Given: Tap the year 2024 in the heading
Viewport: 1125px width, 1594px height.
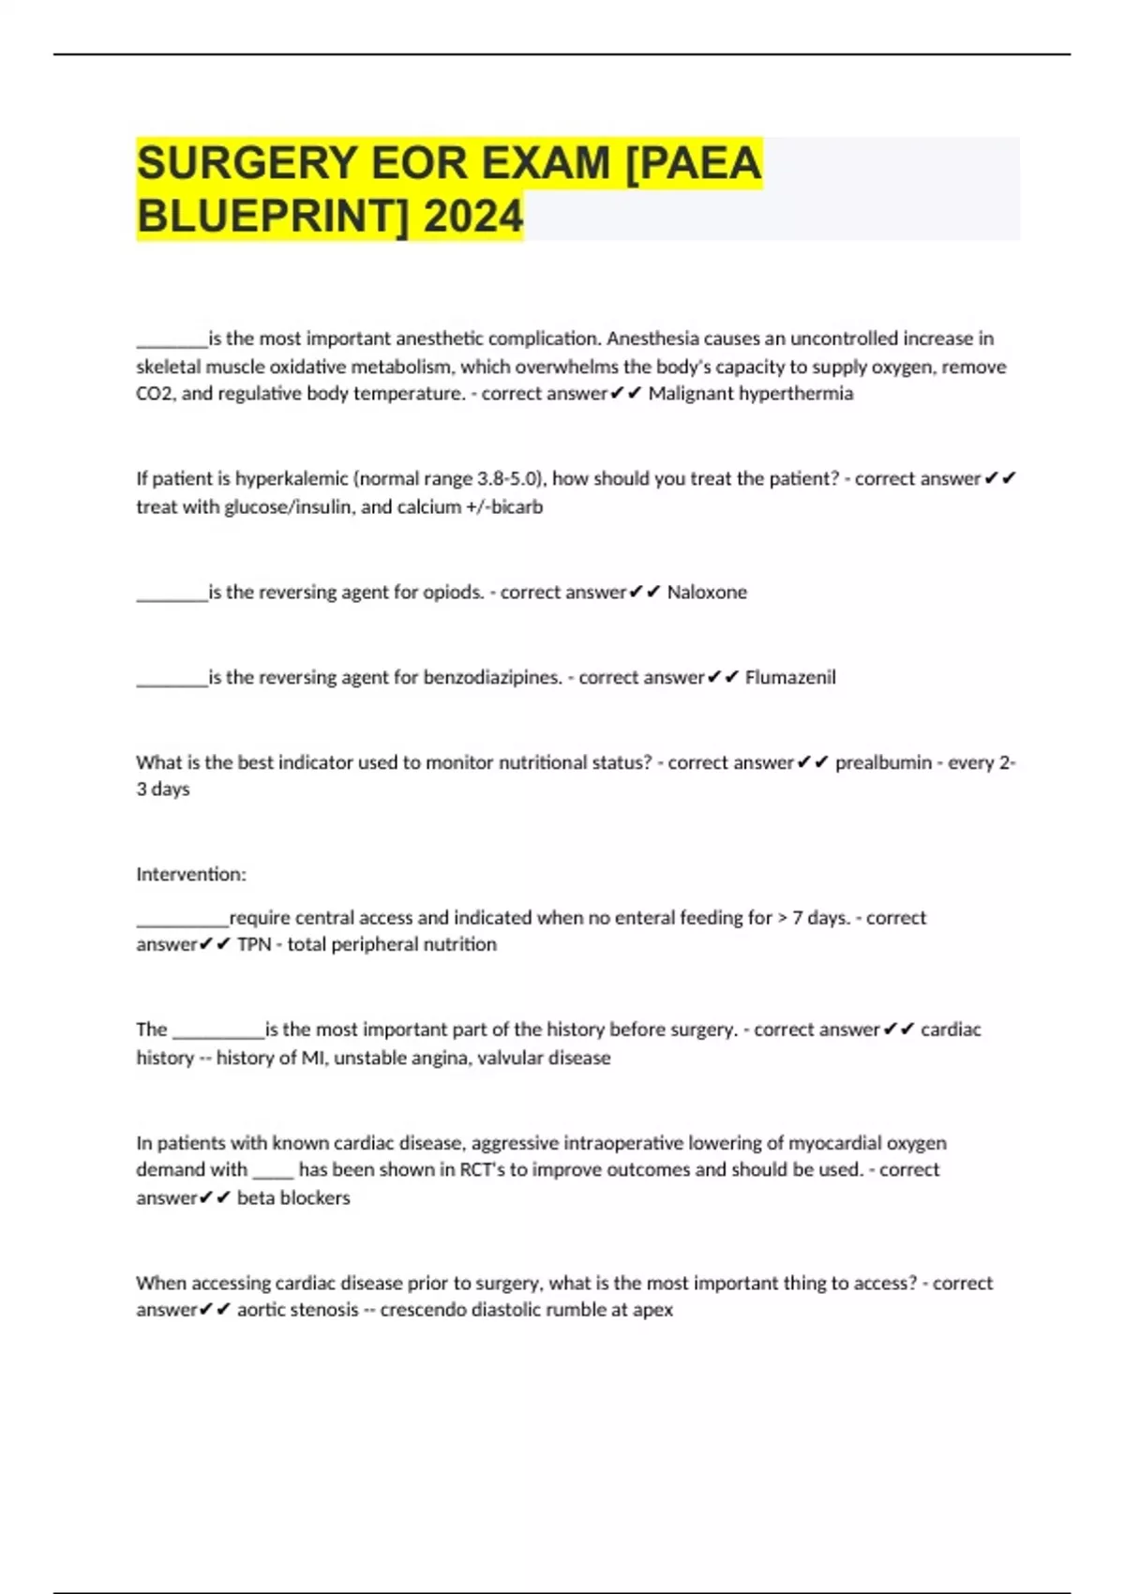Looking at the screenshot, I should point(472,218).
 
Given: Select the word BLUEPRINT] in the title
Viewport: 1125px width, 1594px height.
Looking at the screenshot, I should point(272,218).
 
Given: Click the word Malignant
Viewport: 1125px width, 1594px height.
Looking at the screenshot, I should point(690,394).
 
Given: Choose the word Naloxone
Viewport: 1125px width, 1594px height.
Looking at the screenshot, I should point(707,593).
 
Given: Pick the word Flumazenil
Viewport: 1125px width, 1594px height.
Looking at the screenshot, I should point(790,678).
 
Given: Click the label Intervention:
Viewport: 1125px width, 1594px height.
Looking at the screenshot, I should point(191,875).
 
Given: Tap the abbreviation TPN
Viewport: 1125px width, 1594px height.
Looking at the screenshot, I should point(253,945).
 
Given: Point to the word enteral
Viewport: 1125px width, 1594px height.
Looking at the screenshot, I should point(620,918).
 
